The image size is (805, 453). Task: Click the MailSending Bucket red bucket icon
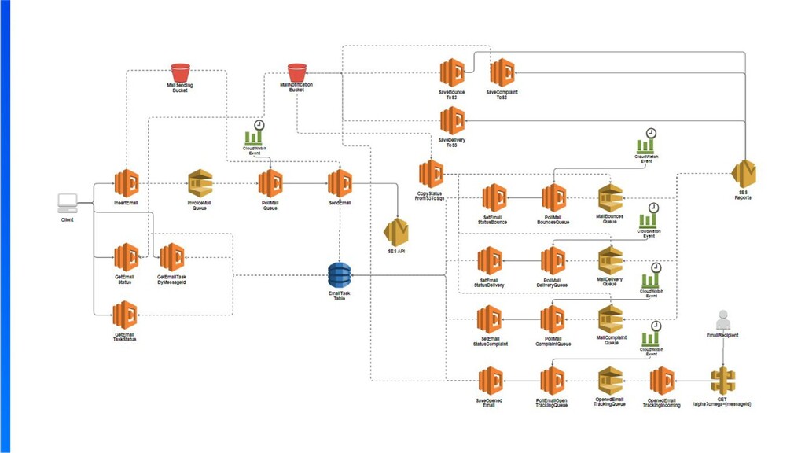coord(181,72)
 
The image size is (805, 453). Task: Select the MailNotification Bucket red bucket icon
coord(296,72)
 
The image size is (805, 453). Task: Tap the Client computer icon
coord(68,204)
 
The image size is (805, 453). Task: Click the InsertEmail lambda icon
coord(126,183)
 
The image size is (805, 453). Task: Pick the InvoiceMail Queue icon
coord(200,183)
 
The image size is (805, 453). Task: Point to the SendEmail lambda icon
coord(340,183)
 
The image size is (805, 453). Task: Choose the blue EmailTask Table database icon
coord(340,275)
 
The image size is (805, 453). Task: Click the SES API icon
coord(396,231)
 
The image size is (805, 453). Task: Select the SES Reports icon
coord(743,173)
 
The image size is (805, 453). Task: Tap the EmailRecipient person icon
coord(723,319)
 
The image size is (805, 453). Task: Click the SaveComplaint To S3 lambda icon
coord(502,72)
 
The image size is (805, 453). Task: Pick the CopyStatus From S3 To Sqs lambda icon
coord(431,173)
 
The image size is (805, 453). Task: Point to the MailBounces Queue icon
coord(610,198)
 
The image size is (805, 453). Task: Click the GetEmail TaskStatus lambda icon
coord(125,316)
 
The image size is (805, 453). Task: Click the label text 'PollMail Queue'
coord(270,205)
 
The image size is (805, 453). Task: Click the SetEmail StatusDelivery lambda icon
coord(490,260)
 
